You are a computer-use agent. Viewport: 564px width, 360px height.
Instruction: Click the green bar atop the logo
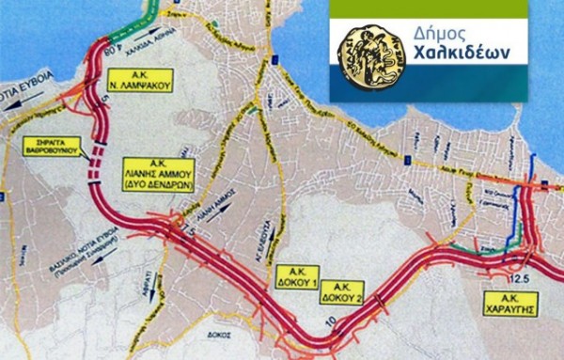(446, 7)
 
